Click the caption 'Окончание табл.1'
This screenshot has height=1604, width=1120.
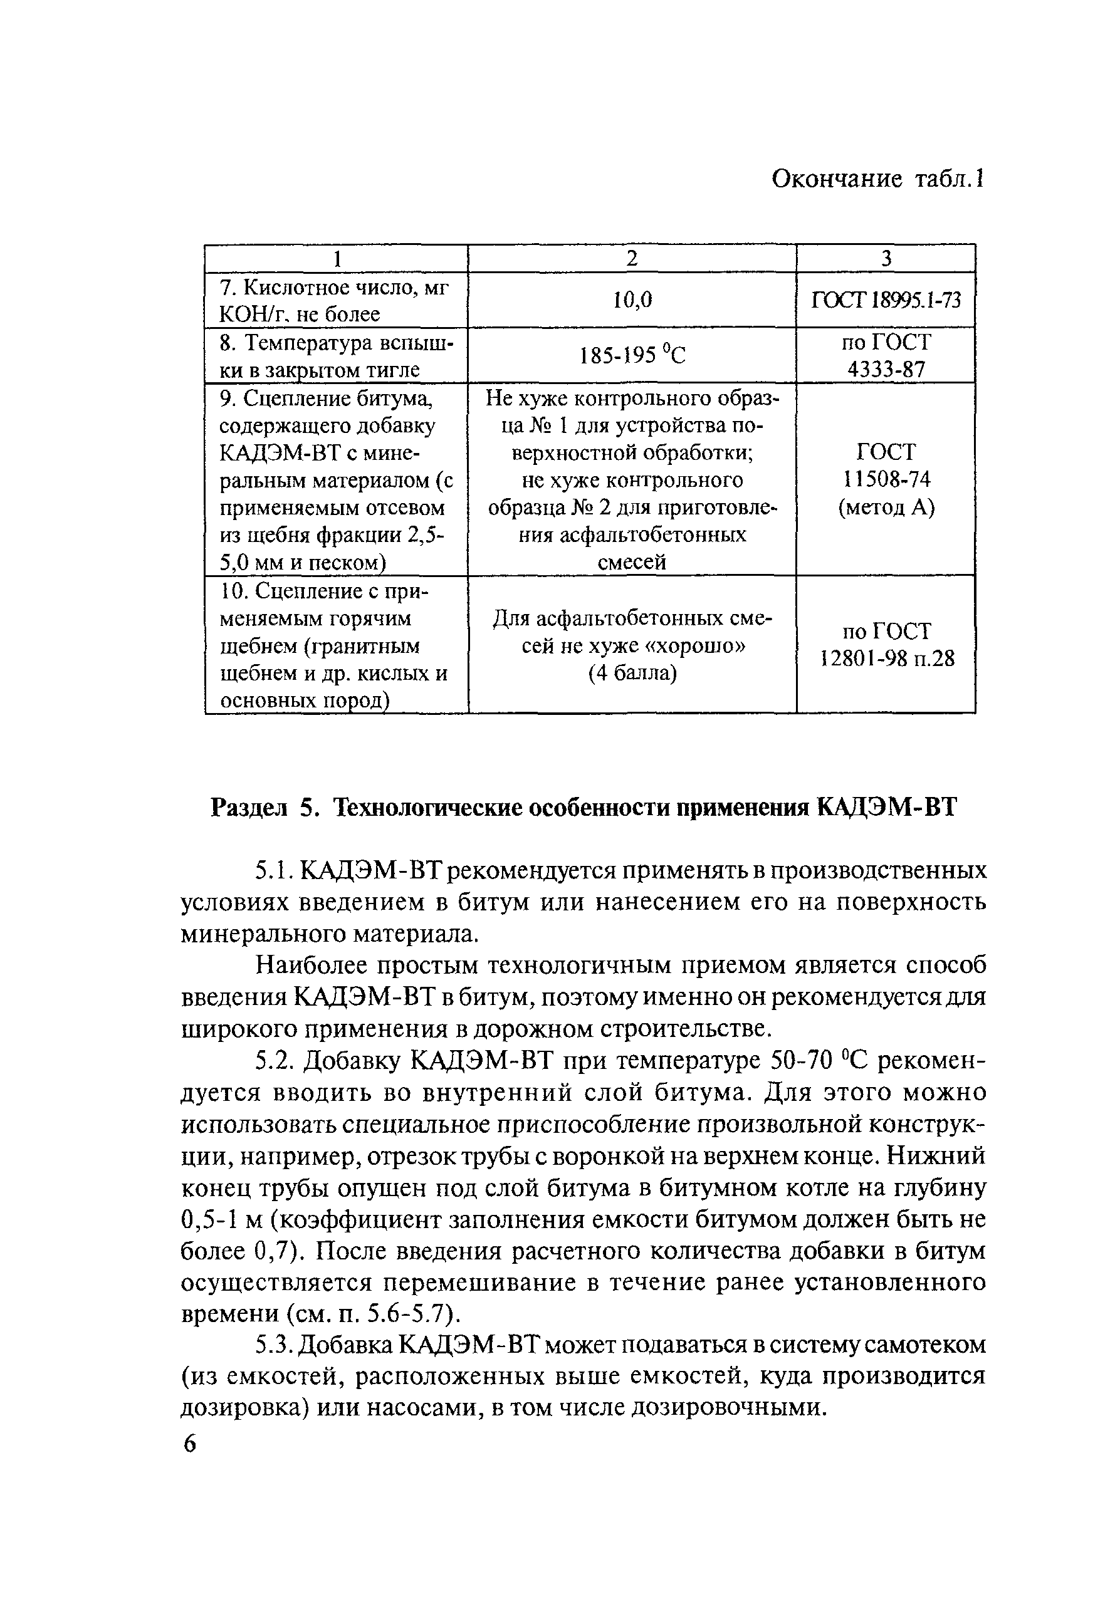877,180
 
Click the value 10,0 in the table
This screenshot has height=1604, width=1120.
632,299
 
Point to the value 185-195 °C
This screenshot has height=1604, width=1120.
632,356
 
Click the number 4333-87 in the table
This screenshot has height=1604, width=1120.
886,369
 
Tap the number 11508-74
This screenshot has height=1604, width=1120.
886,480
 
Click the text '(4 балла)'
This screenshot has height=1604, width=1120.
632,674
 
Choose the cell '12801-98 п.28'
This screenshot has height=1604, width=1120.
886,659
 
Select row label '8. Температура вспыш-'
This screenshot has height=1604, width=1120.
336,342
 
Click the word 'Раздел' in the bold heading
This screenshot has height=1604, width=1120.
249,808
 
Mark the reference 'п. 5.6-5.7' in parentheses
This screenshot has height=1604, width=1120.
394,1314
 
